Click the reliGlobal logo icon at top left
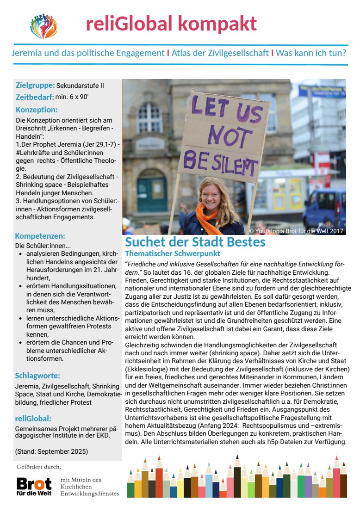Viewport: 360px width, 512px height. (43, 26)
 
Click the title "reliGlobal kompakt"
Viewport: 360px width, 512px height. (171, 24)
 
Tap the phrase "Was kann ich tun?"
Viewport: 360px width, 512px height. (311, 53)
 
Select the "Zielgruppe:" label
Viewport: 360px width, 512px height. (35, 86)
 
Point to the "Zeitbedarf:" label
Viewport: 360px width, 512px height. (35, 97)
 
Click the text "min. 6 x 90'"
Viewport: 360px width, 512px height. (72, 97)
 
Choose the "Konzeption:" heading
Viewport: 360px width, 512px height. (37, 110)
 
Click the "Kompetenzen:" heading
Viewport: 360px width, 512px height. (40, 236)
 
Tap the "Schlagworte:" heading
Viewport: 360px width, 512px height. (38, 376)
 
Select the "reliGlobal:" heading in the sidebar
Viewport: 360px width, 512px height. (33, 419)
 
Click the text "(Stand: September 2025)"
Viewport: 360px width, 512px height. (51, 451)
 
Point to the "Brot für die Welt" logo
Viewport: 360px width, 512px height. (34, 487)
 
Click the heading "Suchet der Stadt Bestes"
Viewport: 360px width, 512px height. (195, 242)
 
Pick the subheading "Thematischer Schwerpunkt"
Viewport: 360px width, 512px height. (173, 254)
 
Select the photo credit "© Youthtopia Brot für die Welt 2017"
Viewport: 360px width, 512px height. (296, 231)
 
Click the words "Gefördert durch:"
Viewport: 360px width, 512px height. (38, 467)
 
